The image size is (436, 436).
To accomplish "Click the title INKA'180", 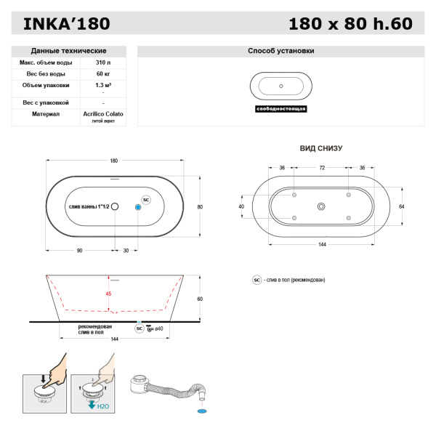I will coord(67,24).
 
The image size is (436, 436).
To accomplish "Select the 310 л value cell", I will coord(102,63).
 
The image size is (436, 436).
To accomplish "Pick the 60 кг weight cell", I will coord(102,74).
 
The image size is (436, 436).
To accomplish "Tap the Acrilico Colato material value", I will coord(102,114).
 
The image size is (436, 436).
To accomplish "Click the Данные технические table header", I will coord(69,51).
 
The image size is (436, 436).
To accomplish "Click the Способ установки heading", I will coord(281,51).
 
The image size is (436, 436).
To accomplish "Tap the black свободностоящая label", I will coord(281,108).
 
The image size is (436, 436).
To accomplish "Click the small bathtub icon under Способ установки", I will coord(280,86).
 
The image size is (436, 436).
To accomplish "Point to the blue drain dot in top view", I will coord(138,206).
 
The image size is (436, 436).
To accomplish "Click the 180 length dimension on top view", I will coord(113,161).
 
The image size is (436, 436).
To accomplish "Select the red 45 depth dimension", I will coord(108,294).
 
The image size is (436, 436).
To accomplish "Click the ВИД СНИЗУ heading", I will coord(320,148).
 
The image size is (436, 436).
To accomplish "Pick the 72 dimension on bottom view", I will coord(321,168).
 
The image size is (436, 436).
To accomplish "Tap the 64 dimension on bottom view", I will coord(400,206).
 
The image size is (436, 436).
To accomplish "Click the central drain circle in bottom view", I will coord(321,206).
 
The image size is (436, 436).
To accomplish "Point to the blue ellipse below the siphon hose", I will coord(201,411).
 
